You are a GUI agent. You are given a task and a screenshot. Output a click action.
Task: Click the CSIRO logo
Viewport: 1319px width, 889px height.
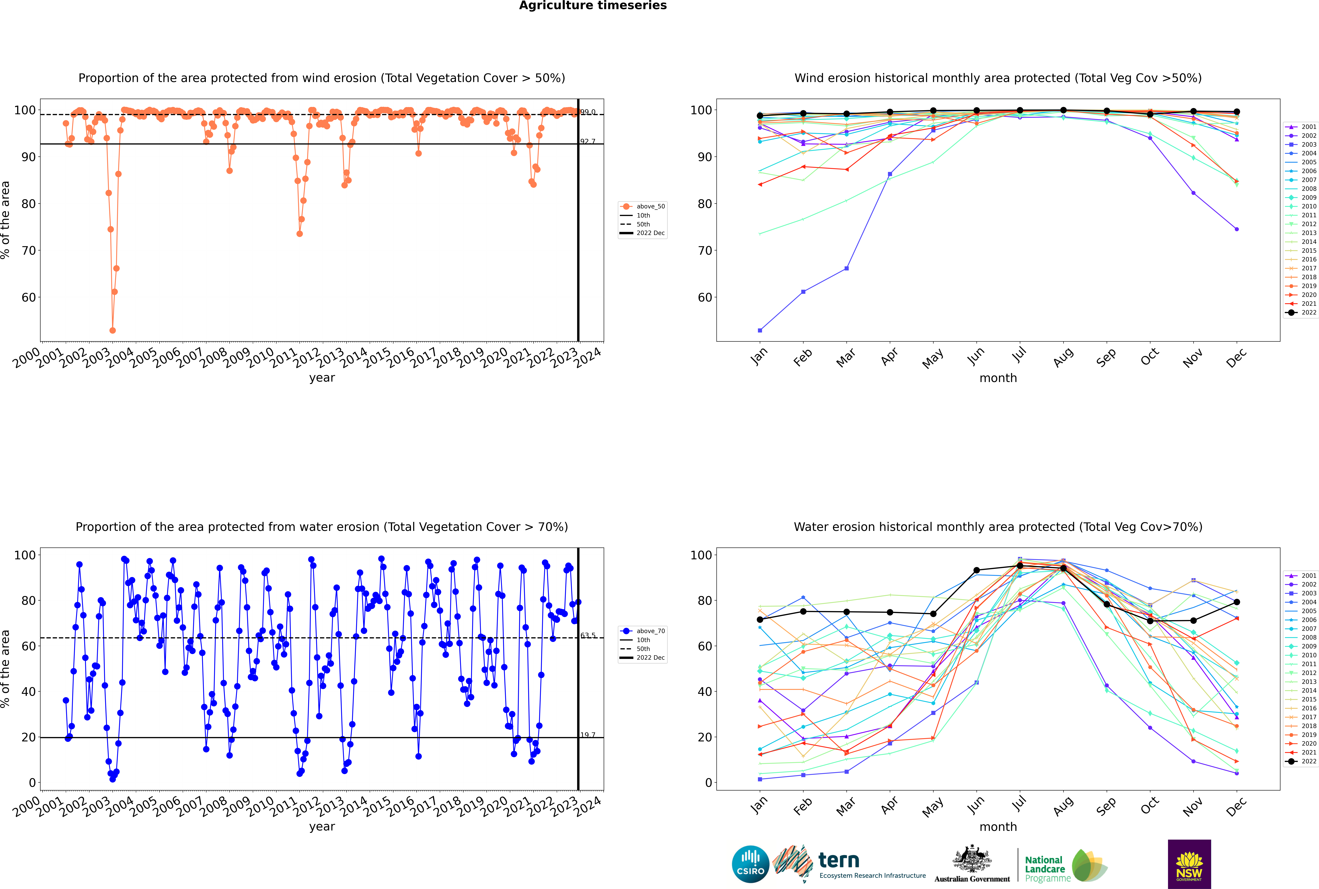point(750,864)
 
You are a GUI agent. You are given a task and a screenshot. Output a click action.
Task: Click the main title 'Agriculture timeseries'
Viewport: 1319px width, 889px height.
point(593,6)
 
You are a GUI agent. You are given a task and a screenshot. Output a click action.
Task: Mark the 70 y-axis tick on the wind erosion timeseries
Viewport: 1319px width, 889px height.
point(28,251)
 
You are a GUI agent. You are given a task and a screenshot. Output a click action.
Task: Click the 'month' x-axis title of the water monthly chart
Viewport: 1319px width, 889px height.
point(998,827)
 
